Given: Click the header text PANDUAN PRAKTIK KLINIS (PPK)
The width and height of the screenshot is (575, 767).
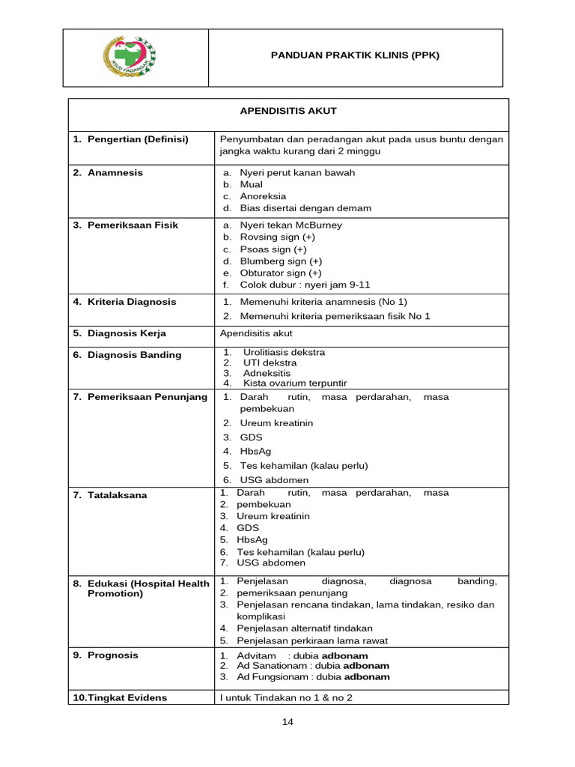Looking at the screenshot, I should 355,55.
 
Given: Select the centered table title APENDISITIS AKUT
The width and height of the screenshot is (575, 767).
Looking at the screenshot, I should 288,112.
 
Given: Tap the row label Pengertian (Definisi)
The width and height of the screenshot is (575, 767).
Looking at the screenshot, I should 138,139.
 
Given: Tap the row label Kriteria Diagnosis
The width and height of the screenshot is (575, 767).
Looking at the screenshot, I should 132,302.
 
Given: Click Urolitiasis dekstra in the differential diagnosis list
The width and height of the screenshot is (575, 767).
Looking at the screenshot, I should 284,352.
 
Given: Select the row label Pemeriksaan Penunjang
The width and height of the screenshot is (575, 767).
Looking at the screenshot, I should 147,397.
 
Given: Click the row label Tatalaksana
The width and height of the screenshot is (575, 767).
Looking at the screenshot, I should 118,495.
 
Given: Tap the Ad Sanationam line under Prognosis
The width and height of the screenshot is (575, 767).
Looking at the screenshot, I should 313,666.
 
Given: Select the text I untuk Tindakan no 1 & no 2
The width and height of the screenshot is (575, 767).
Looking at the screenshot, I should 285,698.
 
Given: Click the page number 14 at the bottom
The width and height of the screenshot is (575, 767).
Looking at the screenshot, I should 287,721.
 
